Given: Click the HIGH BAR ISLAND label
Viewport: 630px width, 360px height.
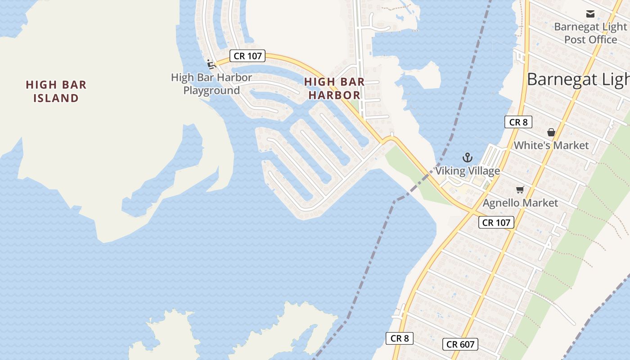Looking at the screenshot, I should (56, 91).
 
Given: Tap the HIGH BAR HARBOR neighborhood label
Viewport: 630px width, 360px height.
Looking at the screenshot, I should (334, 88).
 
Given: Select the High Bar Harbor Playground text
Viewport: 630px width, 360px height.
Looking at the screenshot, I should (211, 84).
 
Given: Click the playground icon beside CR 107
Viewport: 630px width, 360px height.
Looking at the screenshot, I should (211, 64).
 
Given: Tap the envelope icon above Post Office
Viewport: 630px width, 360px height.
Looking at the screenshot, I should (590, 14).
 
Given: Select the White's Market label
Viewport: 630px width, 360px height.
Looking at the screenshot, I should (551, 145).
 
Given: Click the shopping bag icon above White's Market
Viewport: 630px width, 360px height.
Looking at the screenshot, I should (551, 132).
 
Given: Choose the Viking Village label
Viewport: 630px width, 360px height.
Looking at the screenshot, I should (467, 171).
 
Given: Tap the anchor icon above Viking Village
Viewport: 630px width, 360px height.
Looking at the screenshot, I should (468, 157).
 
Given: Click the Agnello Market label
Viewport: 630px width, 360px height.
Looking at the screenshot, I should (520, 203).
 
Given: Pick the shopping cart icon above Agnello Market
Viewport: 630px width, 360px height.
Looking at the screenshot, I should (520, 189).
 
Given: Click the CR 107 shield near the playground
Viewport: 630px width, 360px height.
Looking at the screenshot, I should (247, 56).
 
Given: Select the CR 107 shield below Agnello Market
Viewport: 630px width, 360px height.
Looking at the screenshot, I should (496, 222).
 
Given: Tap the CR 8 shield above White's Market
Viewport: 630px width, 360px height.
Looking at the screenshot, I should (518, 122).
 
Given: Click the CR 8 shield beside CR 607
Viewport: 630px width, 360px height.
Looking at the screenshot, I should (399, 338).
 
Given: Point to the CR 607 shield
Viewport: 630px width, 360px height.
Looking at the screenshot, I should (460, 344).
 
